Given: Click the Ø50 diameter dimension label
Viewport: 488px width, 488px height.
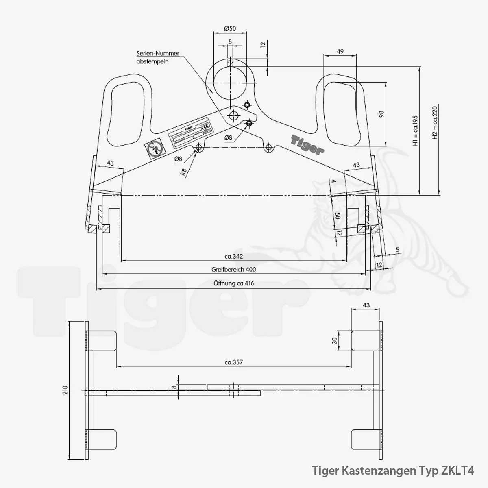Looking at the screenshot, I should point(230,29).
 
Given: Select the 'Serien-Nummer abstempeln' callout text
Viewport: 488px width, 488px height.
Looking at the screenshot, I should point(158,58).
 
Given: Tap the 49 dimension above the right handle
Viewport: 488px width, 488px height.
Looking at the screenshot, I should point(340,51).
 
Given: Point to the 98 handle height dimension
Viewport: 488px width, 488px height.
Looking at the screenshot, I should point(381,114).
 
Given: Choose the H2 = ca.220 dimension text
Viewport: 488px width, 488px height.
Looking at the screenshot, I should point(434,123).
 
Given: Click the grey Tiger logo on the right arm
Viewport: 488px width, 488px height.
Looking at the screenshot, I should point(308,144).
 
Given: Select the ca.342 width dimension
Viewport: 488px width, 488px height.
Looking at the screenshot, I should point(233,256).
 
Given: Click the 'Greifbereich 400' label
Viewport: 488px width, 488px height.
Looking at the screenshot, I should point(233,269).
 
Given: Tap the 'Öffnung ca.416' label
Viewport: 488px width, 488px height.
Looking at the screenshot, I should point(233,283).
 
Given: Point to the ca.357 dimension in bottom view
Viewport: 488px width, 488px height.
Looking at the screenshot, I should point(233,362).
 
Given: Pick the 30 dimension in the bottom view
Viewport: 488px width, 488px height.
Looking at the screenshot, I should point(335,341).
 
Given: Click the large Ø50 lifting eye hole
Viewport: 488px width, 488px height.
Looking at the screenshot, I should point(231,83).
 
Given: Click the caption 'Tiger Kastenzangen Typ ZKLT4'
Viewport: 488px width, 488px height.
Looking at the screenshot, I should point(392,471).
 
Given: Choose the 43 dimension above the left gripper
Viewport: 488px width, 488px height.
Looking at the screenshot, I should point(110,163).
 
